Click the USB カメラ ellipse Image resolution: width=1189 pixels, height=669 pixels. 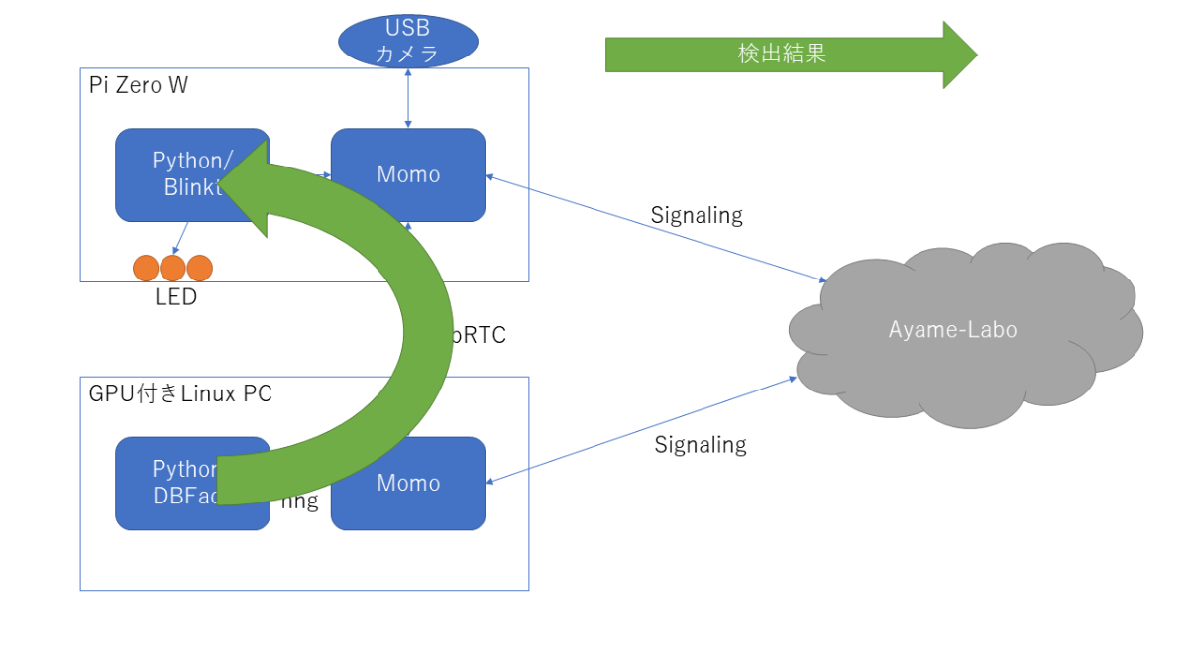coord(407,41)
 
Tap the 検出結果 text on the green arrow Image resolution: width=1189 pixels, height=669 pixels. coord(782,54)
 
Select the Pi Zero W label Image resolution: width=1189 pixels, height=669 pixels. coord(139,85)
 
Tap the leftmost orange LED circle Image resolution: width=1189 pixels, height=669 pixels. coord(147,268)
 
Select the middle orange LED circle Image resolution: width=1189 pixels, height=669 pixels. coord(173,268)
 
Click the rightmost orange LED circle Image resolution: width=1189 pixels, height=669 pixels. coord(200,268)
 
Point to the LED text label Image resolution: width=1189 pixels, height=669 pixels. coord(175,296)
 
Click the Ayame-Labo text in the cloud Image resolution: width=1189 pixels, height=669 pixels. coord(952,329)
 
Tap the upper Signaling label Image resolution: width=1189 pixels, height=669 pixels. coord(697,214)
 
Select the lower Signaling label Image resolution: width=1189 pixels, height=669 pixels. coord(700,444)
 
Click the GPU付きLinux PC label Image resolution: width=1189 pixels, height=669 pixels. coord(180,393)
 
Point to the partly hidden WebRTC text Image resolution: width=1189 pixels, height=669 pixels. coord(481,335)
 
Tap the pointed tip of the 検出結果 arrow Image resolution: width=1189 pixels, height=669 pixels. coord(976,55)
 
